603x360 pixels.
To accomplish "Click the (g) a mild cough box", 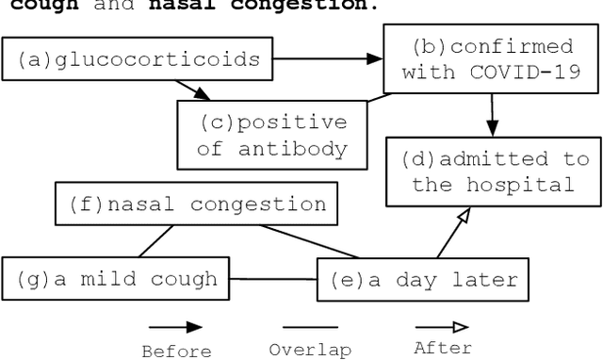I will (x=117, y=279).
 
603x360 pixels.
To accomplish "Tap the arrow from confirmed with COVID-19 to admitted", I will (x=490, y=114).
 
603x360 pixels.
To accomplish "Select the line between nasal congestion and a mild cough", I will (x=153, y=241).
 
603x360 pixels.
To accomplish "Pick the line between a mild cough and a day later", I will (x=273, y=279).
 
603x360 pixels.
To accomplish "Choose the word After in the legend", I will (x=443, y=348).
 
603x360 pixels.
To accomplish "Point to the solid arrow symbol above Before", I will (x=175, y=328).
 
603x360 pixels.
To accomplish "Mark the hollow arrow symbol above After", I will (x=443, y=328).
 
